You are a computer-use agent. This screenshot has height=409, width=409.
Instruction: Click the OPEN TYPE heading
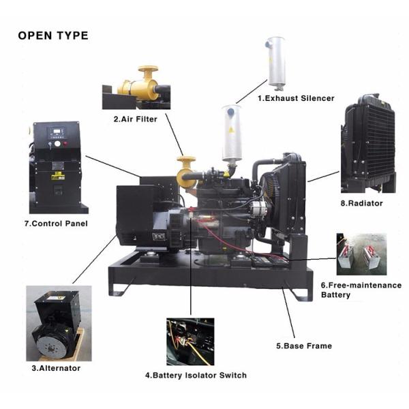click(x=52, y=35)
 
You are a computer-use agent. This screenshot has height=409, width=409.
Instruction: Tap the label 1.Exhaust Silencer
click(x=295, y=98)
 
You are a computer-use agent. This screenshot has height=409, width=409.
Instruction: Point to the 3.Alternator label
click(x=56, y=368)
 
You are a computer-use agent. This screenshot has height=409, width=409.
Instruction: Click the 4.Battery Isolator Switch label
click(x=196, y=375)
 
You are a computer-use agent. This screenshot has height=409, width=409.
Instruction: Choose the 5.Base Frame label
click(x=304, y=346)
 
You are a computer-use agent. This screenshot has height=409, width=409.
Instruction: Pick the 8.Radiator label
click(x=361, y=203)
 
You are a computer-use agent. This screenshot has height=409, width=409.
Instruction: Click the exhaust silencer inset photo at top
click(x=276, y=61)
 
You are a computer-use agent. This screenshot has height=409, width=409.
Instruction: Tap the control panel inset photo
click(x=58, y=167)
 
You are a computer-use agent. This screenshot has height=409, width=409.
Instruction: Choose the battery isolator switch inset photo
click(x=190, y=342)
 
